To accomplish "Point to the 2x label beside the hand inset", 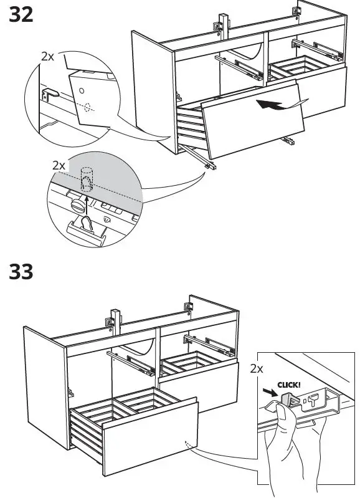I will [257, 369].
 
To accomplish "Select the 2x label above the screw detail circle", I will [59, 166].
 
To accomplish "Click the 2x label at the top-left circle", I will [47, 56].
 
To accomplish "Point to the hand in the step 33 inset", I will [283, 449].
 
